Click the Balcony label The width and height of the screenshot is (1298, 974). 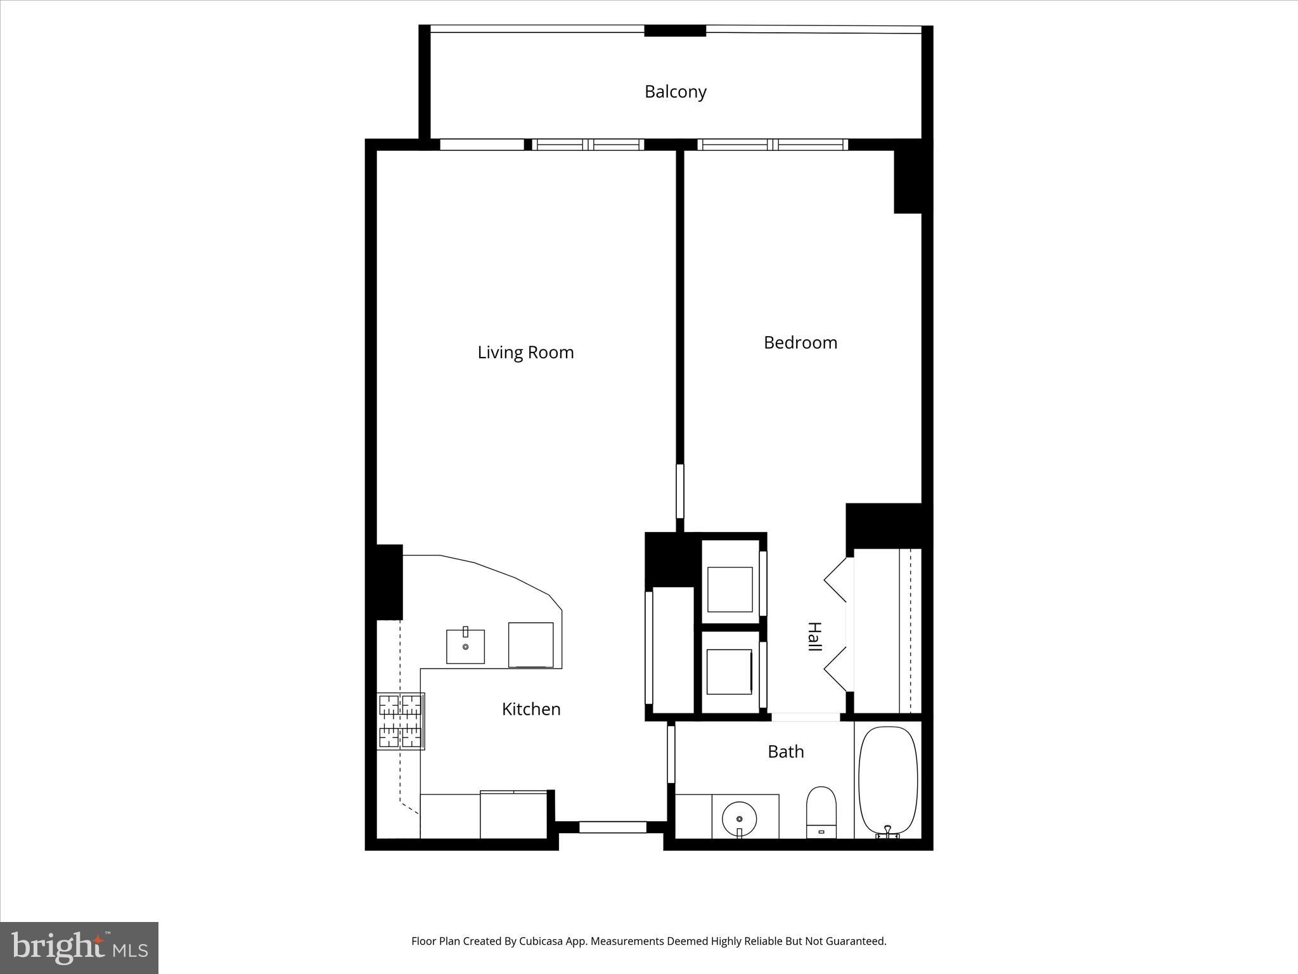click(675, 92)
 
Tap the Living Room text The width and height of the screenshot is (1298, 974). click(525, 353)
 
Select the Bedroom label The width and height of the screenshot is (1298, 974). click(800, 343)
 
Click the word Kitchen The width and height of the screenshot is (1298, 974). click(531, 709)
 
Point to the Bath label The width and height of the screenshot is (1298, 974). click(785, 752)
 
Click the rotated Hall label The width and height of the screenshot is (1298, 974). click(814, 637)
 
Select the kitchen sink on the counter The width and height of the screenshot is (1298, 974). click(465, 647)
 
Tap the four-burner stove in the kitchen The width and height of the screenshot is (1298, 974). click(401, 721)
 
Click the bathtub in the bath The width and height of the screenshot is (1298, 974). click(887, 782)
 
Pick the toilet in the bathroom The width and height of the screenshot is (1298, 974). click(821, 812)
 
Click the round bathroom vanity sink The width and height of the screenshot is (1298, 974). click(739, 819)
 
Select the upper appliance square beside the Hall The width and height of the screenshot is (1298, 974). click(729, 589)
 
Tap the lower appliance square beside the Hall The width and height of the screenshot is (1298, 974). click(729, 672)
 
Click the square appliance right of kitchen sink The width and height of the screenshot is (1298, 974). click(530, 644)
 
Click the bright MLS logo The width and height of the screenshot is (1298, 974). click(79, 948)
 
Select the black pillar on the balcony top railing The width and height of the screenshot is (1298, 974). click(675, 30)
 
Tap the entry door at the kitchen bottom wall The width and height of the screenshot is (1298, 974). click(612, 827)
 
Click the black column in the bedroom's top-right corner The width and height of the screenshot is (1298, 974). click(908, 181)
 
